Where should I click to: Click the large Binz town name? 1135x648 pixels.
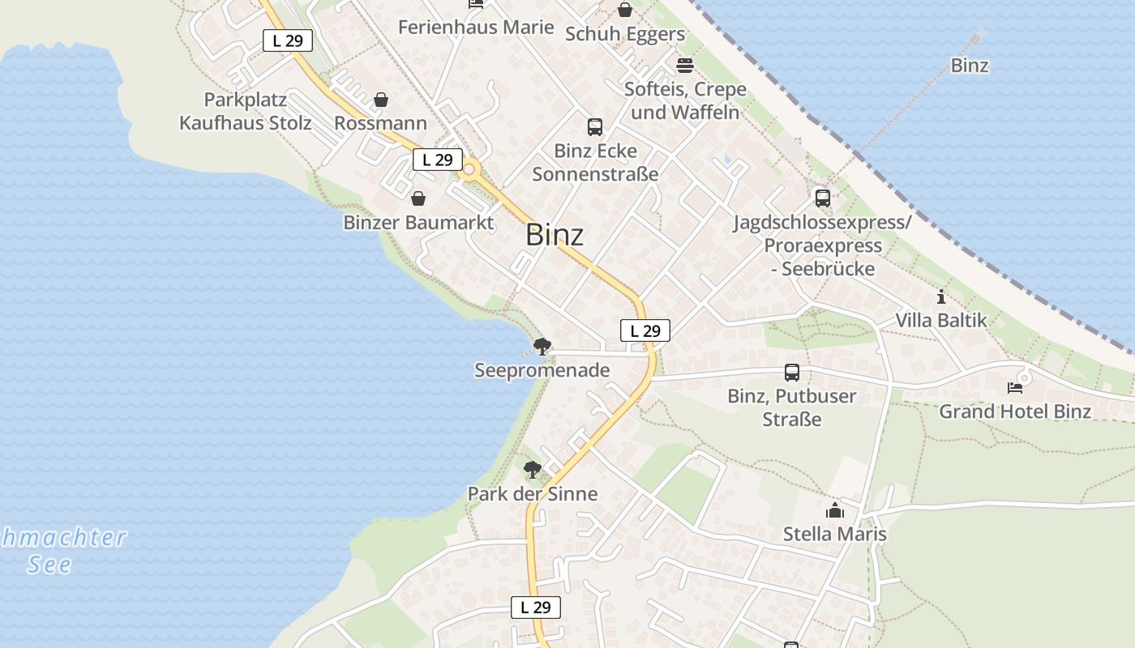(555, 235)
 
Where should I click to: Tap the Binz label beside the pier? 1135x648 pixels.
(969, 66)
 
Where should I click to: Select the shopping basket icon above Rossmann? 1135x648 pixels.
(380, 100)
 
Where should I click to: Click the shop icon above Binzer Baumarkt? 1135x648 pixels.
(418, 198)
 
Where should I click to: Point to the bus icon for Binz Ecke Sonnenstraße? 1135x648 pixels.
(595, 126)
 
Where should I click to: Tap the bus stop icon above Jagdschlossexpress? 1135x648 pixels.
(822, 198)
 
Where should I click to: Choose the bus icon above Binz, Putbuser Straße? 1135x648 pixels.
(792, 373)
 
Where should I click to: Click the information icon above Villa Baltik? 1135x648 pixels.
(940, 296)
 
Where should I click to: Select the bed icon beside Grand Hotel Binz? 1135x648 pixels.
(1014, 388)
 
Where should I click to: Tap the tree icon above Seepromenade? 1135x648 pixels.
(542, 347)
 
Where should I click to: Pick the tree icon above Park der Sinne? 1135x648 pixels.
(533, 469)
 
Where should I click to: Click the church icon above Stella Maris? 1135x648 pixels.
(834, 510)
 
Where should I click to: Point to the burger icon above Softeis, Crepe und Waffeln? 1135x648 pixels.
(685, 65)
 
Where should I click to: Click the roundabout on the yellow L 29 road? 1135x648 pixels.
(468, 170)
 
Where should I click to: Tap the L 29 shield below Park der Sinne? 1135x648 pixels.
(535, 607)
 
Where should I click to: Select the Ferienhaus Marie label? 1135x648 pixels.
(476, 27)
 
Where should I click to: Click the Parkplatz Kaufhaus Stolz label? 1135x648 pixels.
(245, 112)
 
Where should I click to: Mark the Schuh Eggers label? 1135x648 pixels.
(624, 34)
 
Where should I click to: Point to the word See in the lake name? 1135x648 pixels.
(49, 565)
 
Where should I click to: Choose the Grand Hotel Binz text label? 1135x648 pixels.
(1015, 411)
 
